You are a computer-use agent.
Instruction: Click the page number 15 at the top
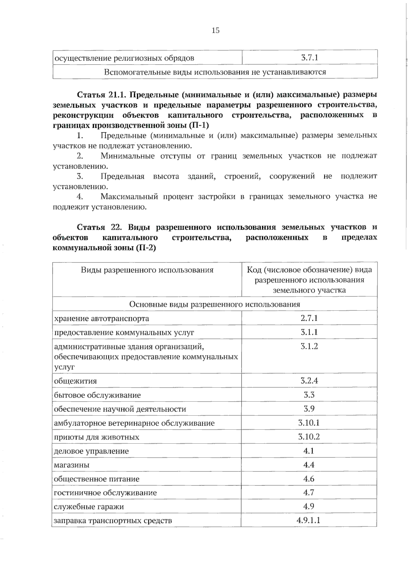pos(215,30)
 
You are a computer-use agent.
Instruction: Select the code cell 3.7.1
pos(310,57)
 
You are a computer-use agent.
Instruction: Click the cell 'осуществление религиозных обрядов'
pos(124,58)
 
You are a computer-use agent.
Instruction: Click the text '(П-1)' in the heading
pos(199,125)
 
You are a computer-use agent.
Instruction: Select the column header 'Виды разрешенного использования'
pos(147,270)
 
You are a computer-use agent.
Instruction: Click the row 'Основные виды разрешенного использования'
pos(215,304)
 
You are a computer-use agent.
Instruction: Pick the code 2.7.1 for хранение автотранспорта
pos(309,318)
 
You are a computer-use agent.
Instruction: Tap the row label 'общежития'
pos(76,381)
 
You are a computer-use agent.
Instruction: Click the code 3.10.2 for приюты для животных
pos(309,437)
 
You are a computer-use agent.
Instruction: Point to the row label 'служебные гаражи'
pos(89,507)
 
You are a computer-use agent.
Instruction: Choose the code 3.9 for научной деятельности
pos(309,409)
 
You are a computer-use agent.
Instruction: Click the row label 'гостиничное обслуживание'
pos(105,493)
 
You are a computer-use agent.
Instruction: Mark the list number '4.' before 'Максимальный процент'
pos(80,197)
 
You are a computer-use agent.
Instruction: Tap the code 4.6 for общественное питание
pos(309,479)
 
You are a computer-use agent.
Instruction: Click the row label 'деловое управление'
pos(91,451)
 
